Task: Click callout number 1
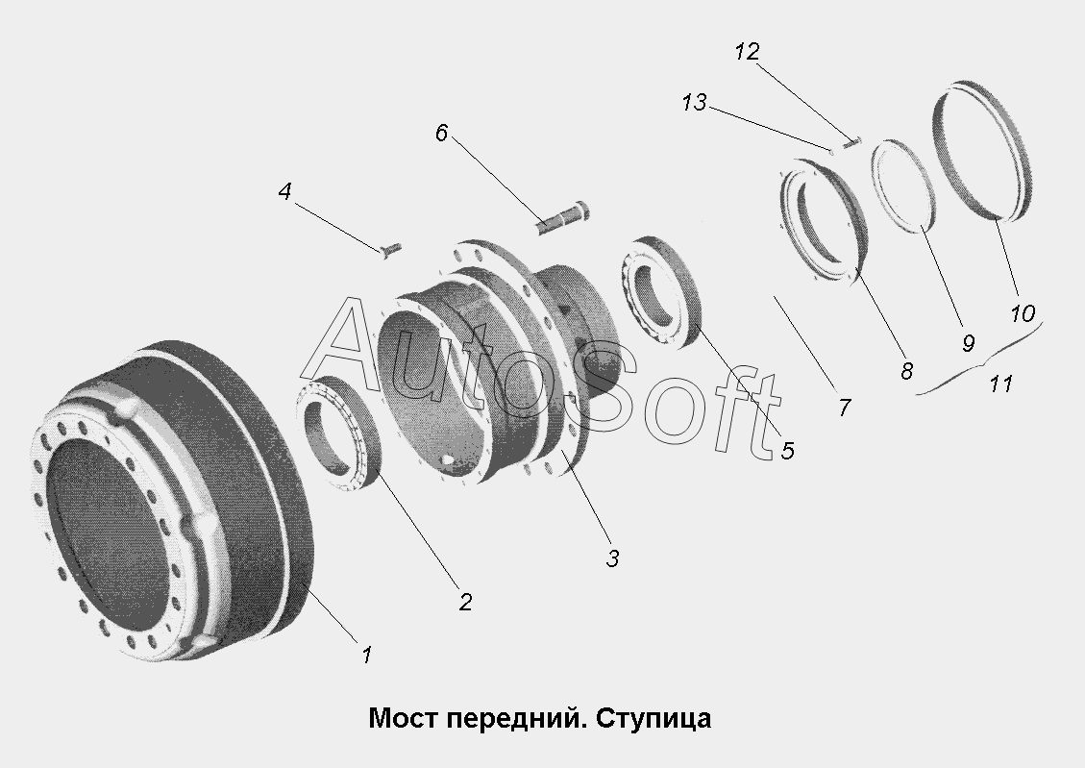tap(367, 655)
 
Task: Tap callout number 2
tap(465, 602)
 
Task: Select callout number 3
tap(612, 558)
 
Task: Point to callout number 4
tap(284, 191)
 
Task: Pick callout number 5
tap(787, 451)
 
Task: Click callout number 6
tap(441, 132)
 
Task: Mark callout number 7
tap(844, 408)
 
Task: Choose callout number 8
tap(906, 371)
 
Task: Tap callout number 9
tap(968, 342)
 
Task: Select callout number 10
tap(1022, 313)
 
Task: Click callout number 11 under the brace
tap(1000, 384)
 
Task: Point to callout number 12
tap(748, 51)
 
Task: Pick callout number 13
tap(694, 103)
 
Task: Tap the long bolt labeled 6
tap(563, 216)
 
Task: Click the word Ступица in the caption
tap(653, 719)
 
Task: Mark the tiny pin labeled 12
tap(851, 143)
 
